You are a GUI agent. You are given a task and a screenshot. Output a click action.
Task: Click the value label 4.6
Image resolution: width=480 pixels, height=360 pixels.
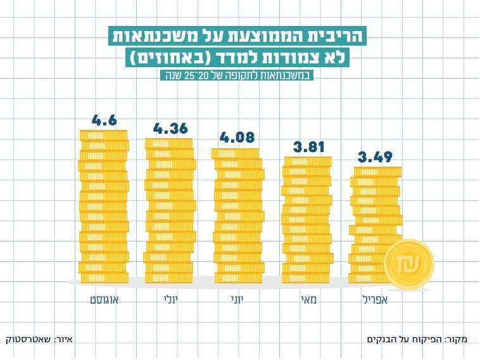tap(104, 120)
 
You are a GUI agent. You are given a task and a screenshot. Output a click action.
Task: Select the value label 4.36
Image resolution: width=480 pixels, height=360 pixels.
tap(170, 128)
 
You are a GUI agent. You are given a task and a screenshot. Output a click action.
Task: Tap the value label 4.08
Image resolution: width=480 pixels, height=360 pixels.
tap(236, 137)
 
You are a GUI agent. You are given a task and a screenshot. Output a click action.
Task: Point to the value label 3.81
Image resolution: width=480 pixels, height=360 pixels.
tap(308, 148)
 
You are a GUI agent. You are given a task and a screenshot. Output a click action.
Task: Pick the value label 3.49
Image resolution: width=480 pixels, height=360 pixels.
tap(375, 157)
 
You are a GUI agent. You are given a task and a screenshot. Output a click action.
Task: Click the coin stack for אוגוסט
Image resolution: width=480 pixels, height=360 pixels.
tap(104, 206)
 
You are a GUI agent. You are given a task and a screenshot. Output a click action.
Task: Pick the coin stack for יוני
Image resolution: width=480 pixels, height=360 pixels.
tap(237, 215)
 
